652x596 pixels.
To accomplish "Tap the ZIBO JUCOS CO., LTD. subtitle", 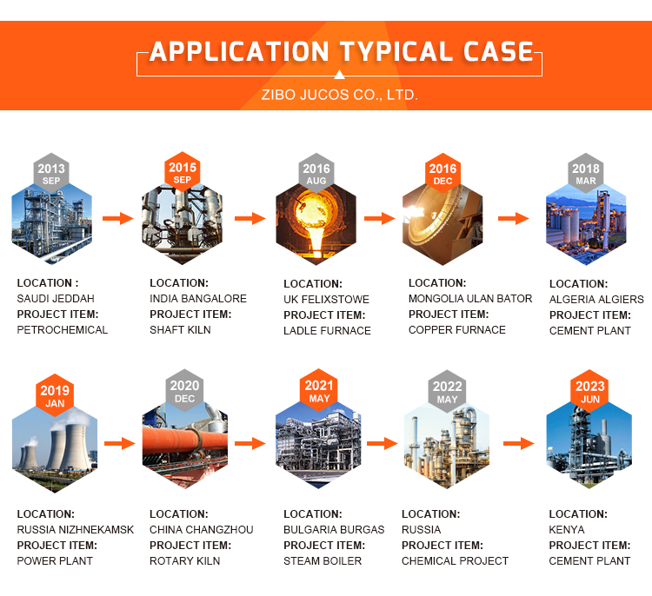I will [x=340, y=94].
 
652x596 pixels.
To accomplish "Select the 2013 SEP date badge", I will [x=51, y=174].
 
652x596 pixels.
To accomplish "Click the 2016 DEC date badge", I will [x=442, y=174].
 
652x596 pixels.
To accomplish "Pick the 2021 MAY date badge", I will [x=319, y=391].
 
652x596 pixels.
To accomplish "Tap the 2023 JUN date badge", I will [x=589, y=392].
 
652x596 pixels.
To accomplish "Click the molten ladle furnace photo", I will [x=316, y=224].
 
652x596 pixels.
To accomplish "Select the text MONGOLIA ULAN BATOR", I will [x=470, y=299].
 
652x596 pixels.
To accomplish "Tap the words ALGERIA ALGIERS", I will [x=596, y=300].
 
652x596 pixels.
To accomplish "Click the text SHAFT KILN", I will [x=180, y=330].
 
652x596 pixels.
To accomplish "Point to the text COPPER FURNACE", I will [x=456, y=330].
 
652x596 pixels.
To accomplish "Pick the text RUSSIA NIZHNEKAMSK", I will [x=76, y=530].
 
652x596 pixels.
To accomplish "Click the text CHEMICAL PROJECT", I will [x=455, y=561].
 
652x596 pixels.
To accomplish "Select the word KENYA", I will [x=567, y=530].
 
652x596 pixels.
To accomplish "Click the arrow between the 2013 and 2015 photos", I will [x=117, y=217].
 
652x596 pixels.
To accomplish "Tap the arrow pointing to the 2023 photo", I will [x=518, y=443].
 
